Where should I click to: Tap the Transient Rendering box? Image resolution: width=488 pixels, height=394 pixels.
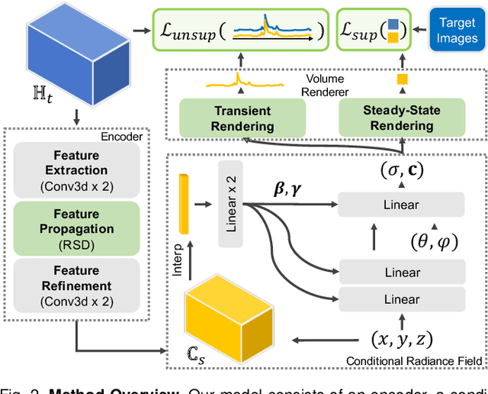coord(242,118)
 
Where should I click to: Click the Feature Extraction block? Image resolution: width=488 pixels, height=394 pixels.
coord(76,170)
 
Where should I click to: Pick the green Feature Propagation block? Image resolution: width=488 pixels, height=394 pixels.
coord(76,228)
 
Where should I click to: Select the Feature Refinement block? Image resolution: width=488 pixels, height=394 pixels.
coord(76,285)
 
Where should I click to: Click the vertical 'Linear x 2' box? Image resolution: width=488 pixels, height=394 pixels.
coord(233,204)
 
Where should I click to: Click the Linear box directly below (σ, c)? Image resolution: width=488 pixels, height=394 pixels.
coord(401,204)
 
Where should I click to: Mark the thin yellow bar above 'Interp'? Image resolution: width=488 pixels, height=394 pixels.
coord(184,204)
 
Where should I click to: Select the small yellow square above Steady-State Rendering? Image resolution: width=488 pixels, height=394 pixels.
coord(402,79)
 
